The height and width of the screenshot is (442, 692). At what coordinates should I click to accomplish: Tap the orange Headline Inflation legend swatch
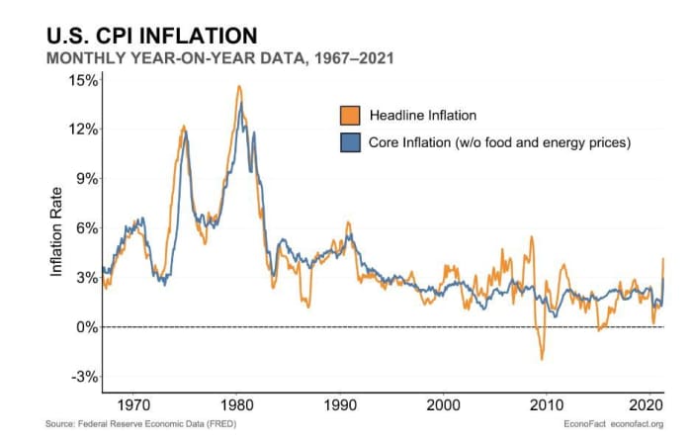coord(349,115)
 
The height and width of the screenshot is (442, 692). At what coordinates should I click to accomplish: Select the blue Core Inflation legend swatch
coord(349,142)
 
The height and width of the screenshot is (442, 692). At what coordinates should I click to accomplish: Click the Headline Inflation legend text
coord(422,115)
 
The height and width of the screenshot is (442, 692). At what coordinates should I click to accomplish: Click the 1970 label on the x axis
coord(132,404)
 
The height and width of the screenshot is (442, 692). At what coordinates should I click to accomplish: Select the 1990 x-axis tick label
coord(339,404)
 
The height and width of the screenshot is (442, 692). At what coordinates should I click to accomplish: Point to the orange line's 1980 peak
coord(239,86)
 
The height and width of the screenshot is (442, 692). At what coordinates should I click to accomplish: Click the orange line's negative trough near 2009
coord(542,358)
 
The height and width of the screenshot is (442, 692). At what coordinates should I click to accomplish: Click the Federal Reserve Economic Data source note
coord(140,425)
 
